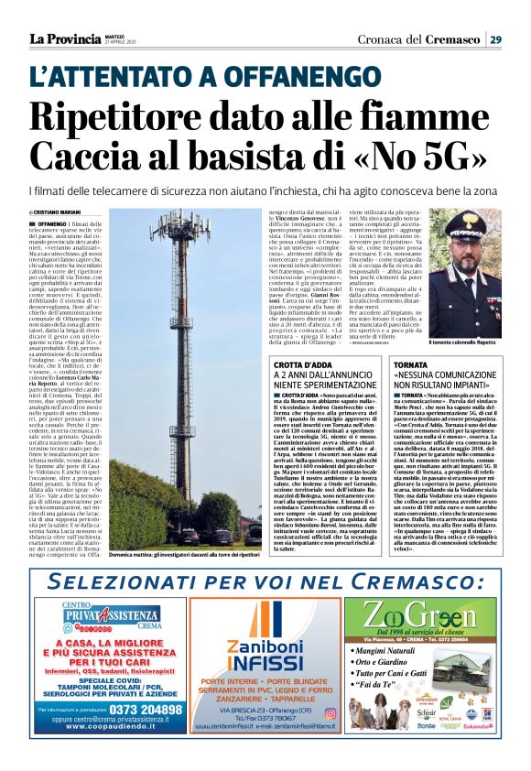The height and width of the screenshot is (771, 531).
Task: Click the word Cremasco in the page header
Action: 453,38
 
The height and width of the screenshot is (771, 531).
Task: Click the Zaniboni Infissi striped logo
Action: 264,623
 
